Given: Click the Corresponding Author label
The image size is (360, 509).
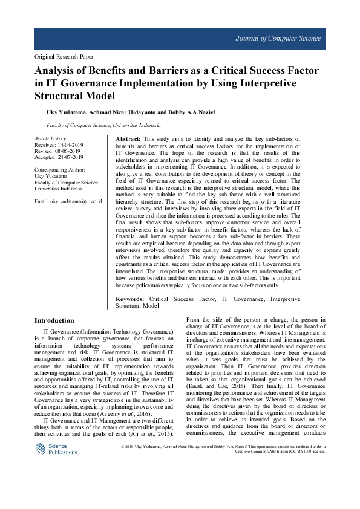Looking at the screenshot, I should click(x=60, y=170).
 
